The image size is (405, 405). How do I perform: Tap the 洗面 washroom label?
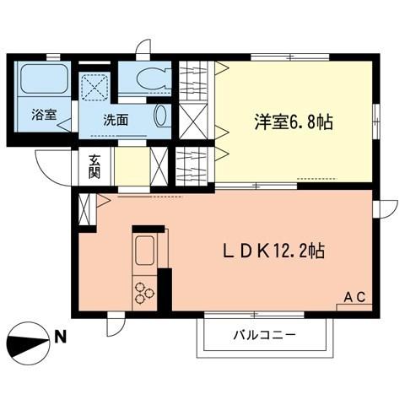(x=116, y=120)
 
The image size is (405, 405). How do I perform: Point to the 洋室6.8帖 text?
(x=293, y=122)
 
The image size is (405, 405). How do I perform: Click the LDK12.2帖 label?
(x=274, y=251)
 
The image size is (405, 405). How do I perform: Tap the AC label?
(x=354, y=295)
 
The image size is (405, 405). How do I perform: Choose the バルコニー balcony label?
(x=264, y=335)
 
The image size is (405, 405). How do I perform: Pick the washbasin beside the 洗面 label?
(x=162, y=116)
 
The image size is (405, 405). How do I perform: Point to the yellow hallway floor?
(x=130, y=165)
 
